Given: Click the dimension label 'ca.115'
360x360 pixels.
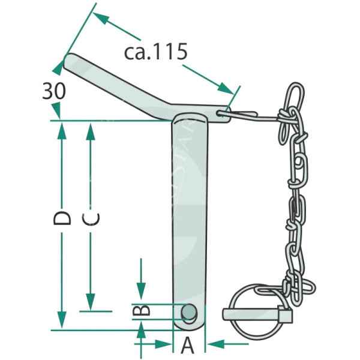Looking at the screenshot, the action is (155, 52).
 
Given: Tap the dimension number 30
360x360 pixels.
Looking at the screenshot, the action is (54, 91).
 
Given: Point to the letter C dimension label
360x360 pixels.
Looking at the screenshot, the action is (91, 218).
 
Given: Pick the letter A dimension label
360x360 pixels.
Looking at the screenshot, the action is (188, 345).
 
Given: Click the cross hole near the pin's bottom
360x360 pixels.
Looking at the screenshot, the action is (189, 311).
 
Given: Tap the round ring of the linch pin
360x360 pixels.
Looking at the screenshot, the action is (258, 311).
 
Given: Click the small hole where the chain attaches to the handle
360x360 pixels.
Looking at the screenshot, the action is (220, 113).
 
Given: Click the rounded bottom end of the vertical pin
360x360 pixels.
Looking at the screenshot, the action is (189, 325).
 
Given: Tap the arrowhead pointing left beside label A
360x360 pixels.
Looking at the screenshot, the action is (215, 344).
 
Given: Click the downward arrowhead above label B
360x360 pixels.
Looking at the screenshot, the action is (141, 291).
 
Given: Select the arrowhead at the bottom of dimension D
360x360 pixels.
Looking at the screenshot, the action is (62, 320).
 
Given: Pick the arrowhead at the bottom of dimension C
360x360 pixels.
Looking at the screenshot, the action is (91, 301).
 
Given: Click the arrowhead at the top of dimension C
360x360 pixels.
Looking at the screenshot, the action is (91, 132).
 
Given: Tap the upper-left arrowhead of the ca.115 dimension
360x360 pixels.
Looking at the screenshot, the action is (101, 19).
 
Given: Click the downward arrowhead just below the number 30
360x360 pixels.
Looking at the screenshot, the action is (56, 111).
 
